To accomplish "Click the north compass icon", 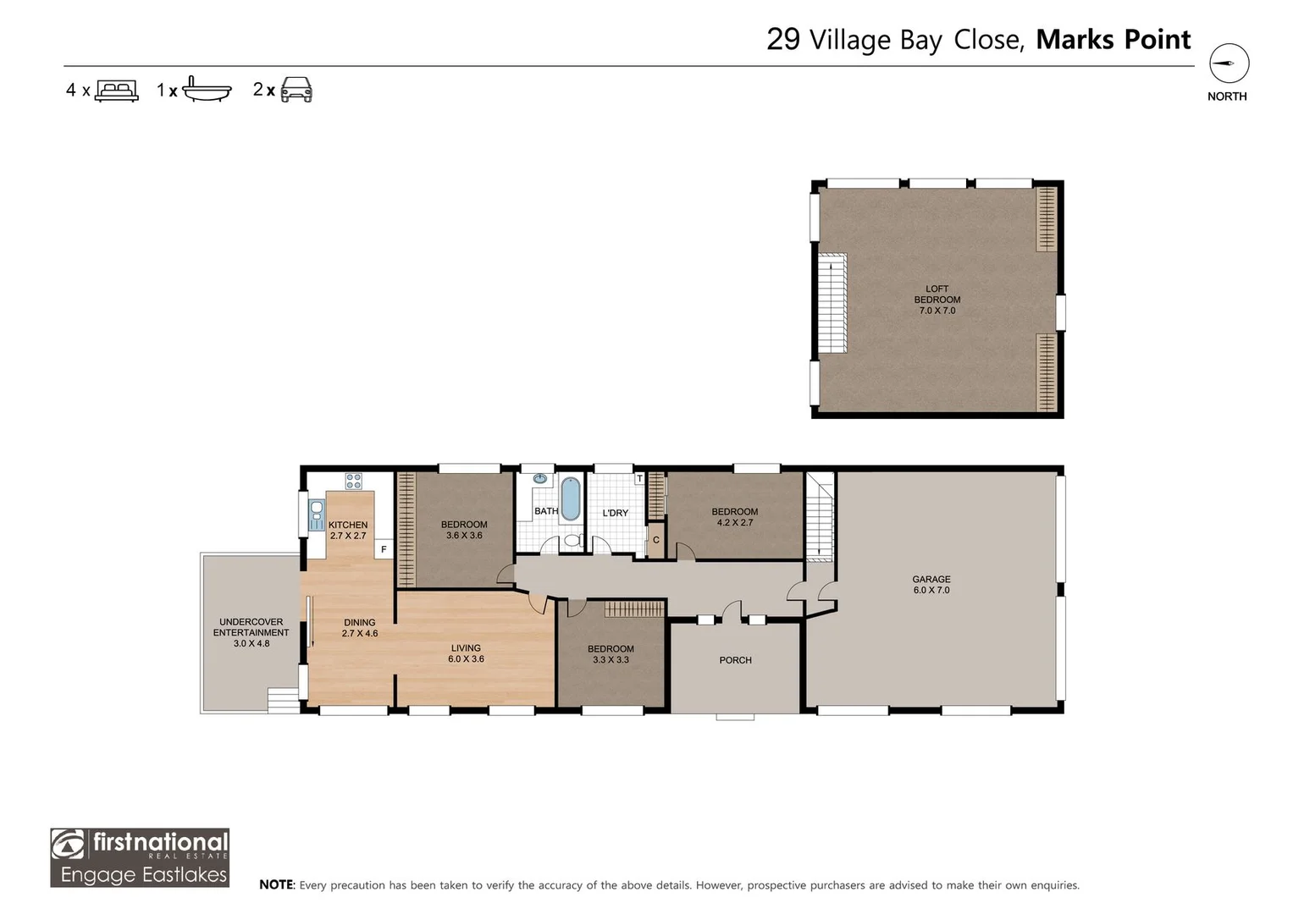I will tap(1229, 64).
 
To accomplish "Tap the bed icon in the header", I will tap(117, 91).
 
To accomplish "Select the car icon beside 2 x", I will tap(296, 90).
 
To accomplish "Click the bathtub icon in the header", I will tap(207, 89).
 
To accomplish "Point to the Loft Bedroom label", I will tap(937, 300).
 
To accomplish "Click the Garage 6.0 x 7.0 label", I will tap(931, 585).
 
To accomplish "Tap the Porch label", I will tap(735, 660).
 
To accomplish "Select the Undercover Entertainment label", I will tap(251, 632).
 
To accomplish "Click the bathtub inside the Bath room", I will tap(571, 498).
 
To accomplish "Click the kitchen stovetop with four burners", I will tap(353, 481).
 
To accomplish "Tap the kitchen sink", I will tap(317, 515).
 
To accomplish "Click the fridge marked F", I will tap(384, 549).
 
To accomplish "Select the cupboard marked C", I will tap(655, 541).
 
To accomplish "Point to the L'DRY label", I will tap(615, 513).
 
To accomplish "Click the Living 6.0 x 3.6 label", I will tap(466, 653).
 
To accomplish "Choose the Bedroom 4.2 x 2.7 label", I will tap(734, 517).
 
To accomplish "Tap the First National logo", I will tap(140, 857).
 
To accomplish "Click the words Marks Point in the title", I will tap(1113, 40).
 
